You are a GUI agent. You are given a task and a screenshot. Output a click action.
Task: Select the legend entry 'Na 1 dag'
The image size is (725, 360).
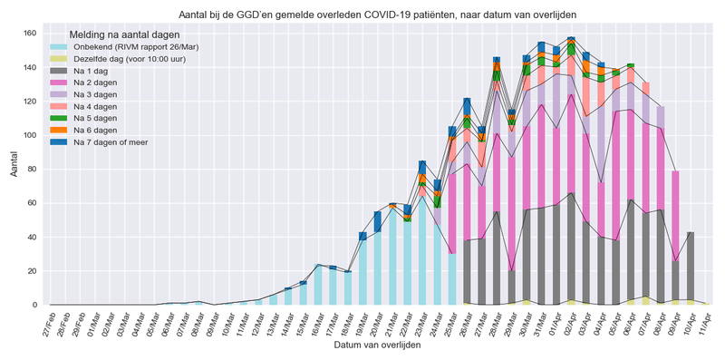(93, 70)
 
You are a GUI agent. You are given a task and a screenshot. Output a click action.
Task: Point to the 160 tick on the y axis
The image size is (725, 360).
(30, 34)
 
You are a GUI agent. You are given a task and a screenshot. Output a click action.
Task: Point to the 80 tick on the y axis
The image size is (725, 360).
(33, 169)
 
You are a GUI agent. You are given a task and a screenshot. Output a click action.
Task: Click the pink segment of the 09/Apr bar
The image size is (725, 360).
(675, 216)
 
